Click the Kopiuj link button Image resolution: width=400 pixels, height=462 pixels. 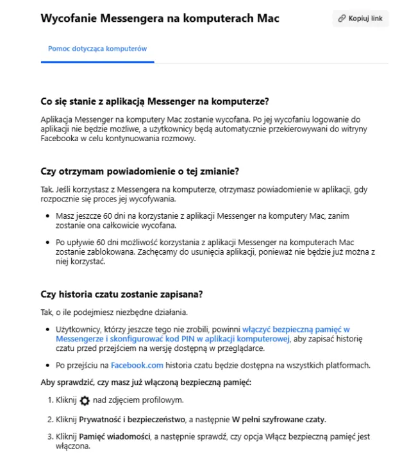point(360,19)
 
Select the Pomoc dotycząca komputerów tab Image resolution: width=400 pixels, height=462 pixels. point(97,49)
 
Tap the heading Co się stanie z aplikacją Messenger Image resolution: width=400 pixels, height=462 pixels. point(154,102)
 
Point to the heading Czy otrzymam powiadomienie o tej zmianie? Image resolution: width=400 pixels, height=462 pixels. point(140,172)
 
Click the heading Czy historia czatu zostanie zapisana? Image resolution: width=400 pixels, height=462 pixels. point(122,295)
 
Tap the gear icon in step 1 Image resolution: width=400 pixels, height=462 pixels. point(85,400)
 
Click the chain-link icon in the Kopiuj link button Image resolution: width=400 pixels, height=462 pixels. point(342,19)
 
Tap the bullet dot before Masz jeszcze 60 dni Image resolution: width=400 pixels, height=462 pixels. point(49,217)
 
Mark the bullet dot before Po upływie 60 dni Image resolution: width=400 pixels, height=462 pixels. point(49,243)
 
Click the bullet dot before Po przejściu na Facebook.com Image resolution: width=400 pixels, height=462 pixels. point(49,365)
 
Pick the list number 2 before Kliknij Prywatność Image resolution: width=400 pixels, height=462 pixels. point(51,420)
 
